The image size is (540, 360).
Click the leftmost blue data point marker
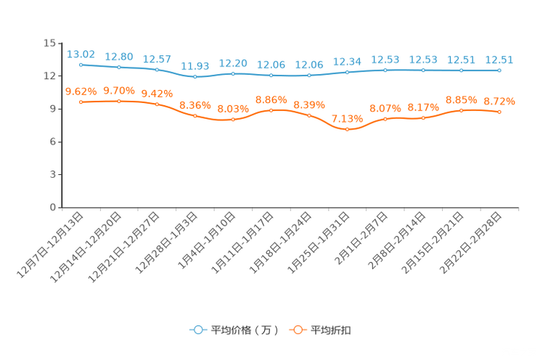tap(81, 65)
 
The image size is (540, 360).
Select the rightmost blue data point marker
tap(499, 70)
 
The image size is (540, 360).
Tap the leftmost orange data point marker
tap(81, 102)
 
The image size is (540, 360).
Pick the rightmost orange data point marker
tap(499, 112)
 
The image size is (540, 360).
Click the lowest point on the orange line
tap(348, 129)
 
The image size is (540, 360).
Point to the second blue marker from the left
tap(119, 67)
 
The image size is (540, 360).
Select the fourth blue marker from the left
tap(195, 76)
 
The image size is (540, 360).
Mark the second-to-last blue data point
tap(462, 70)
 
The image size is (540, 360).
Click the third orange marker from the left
tap(157, 105)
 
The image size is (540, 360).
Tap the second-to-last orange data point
tap(462, 110)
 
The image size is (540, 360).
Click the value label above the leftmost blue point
tap(81, 54)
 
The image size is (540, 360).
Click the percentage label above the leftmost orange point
tap(81, 91)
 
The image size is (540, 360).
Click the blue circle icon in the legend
tap(197, 330)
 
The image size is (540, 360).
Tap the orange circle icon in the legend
tap(297, 330)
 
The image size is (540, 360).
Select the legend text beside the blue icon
tap(244, 330)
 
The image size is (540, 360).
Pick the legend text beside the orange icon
tap(331, 330)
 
